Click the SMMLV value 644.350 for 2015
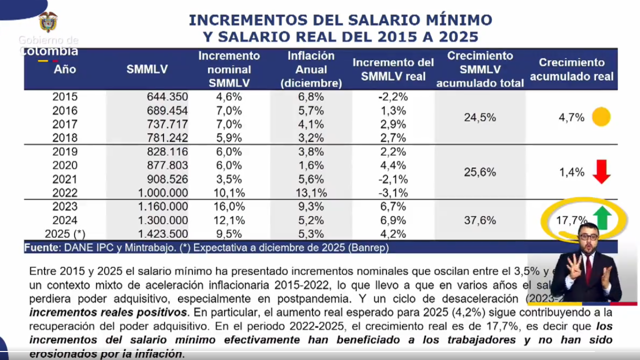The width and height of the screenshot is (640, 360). pyautogui.click(x=167, y=97)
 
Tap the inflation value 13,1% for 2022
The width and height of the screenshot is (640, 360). pyautogui.click(x=311, y=193)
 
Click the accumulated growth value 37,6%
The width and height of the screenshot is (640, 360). pyautogui.click(x=479, y=220)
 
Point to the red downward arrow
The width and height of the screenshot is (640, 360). pyautogui.click(x=601, y=172)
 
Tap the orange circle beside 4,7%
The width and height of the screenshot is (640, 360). pyautogui.click(x=601, y=117)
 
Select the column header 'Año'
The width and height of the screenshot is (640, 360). pyautogui.click(x=65, y=69)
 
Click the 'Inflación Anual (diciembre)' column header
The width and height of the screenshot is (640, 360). pyautogui.click(x=311, y=69)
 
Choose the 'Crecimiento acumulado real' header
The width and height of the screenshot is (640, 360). pyautogui.click(x=571, y=69)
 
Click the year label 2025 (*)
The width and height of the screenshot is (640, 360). pyautogui.click(x=61, y=234)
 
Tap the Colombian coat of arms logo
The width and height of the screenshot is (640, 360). pyautogui.click(x=48, y=21)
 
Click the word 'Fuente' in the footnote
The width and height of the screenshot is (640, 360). pyautogui.click(x=41, y=247)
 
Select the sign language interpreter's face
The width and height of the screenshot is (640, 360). pyautogui.click(x=588, y=239)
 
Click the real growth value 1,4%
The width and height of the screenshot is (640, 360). pyautogui.click(x=571, y=172)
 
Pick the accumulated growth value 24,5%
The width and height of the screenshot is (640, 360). pyautogui.click(x=479, y=117)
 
